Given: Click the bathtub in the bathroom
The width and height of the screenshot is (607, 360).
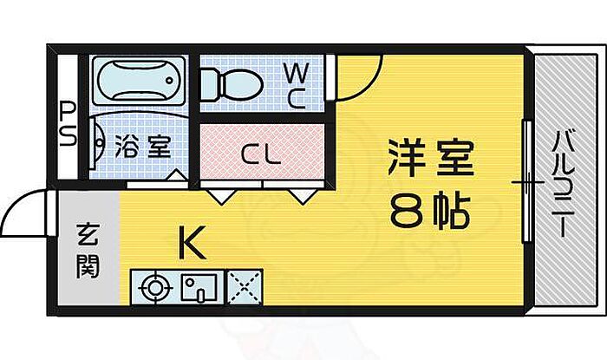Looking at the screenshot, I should pos(138,81).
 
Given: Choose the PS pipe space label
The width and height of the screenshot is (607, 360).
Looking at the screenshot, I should pos(68,123).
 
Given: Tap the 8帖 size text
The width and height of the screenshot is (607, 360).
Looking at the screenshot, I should pos(430,209).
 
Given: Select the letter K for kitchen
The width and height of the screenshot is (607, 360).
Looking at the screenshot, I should pos(192,245).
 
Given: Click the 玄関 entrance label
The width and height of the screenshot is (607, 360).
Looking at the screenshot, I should pos(87,249).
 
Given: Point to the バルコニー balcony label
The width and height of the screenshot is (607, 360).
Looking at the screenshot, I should pos(564,183).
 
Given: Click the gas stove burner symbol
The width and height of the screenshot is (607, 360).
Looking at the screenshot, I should pos(154,285).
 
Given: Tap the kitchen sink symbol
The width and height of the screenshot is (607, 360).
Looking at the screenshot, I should pos(200,285).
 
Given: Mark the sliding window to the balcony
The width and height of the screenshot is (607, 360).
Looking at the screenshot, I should pos(525,182).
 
